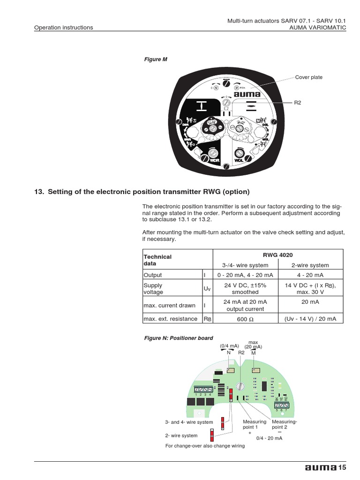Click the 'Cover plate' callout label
(x=308, y=77)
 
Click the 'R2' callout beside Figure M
(x=298, y=102)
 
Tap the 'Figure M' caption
(x=155, y=60)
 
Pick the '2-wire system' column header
(x=310, y=265)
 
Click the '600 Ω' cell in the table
(x=245, y=319)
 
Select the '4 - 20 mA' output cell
(x=310, y=275)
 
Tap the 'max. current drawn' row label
(x=169, y=306)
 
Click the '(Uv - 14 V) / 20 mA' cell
(x=310, y=319)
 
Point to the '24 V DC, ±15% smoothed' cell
(x=245, y=288)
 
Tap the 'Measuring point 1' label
(x=254, y=425)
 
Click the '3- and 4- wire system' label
(x=189, y=422)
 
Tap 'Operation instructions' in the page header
(x=63, y=28)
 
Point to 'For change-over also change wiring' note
(x=205, y=446)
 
